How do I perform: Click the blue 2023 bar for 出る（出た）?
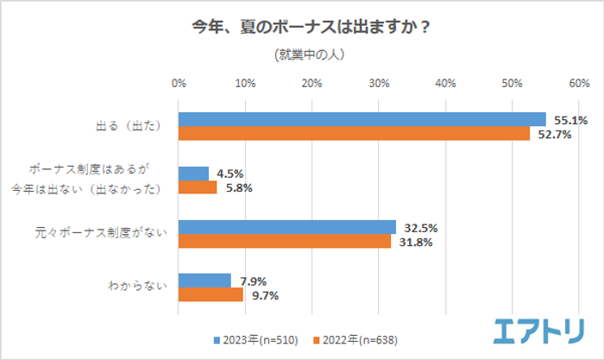pyautogui.click(x=362, y=119)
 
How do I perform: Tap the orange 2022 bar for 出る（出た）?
pyautogui.click(x=354, y=133)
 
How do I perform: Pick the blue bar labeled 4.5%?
pyautogui.click(x=193, y=174)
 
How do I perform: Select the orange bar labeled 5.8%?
pyautogui.click(x=198, y=187)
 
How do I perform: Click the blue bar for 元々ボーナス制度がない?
pyautogui.click(x=286, y=227)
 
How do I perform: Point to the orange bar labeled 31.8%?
pyautogui.click(x=284, y=241)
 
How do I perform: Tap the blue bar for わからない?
pyautogui.click(x=204, y=281)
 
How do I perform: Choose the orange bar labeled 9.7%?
pyautogui.click(x=211, y=294)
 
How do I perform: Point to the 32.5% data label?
pyautogui.click(x=420, y=229)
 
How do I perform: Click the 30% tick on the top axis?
pyautogui.click(x=378, y=84)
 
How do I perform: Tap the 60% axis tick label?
pyautogui.click(x=578, y=84)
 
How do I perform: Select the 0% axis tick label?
pyautogui.click(x=179, y=84)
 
